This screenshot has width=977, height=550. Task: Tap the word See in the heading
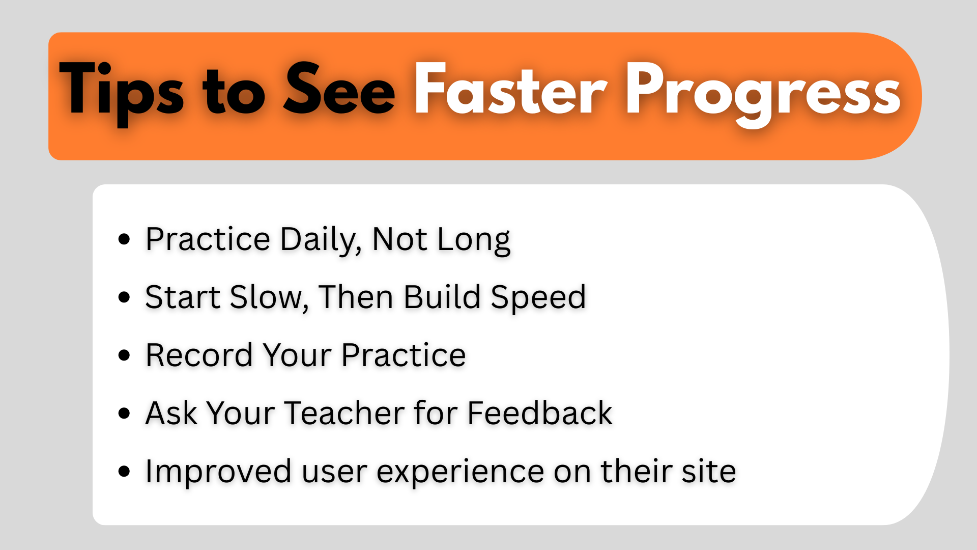pos(339,90)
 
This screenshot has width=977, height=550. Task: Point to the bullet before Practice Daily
pos(124,239)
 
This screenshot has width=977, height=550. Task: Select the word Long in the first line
pos(473,239)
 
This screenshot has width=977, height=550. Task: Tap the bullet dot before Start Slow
pos(124,297)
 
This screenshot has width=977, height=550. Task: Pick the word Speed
pos(538,297)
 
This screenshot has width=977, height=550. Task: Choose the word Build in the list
pos(442,297)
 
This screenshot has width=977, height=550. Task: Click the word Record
pos(199,355)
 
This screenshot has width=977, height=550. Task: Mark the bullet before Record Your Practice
pos(124,355)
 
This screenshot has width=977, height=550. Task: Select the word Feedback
pos(539,413)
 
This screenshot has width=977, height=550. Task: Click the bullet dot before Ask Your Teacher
pos(124,413)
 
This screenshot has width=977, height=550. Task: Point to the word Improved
pos(218,472)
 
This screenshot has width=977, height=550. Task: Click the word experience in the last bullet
pos(460,472)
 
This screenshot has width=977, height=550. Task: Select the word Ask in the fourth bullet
pos(171,413)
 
